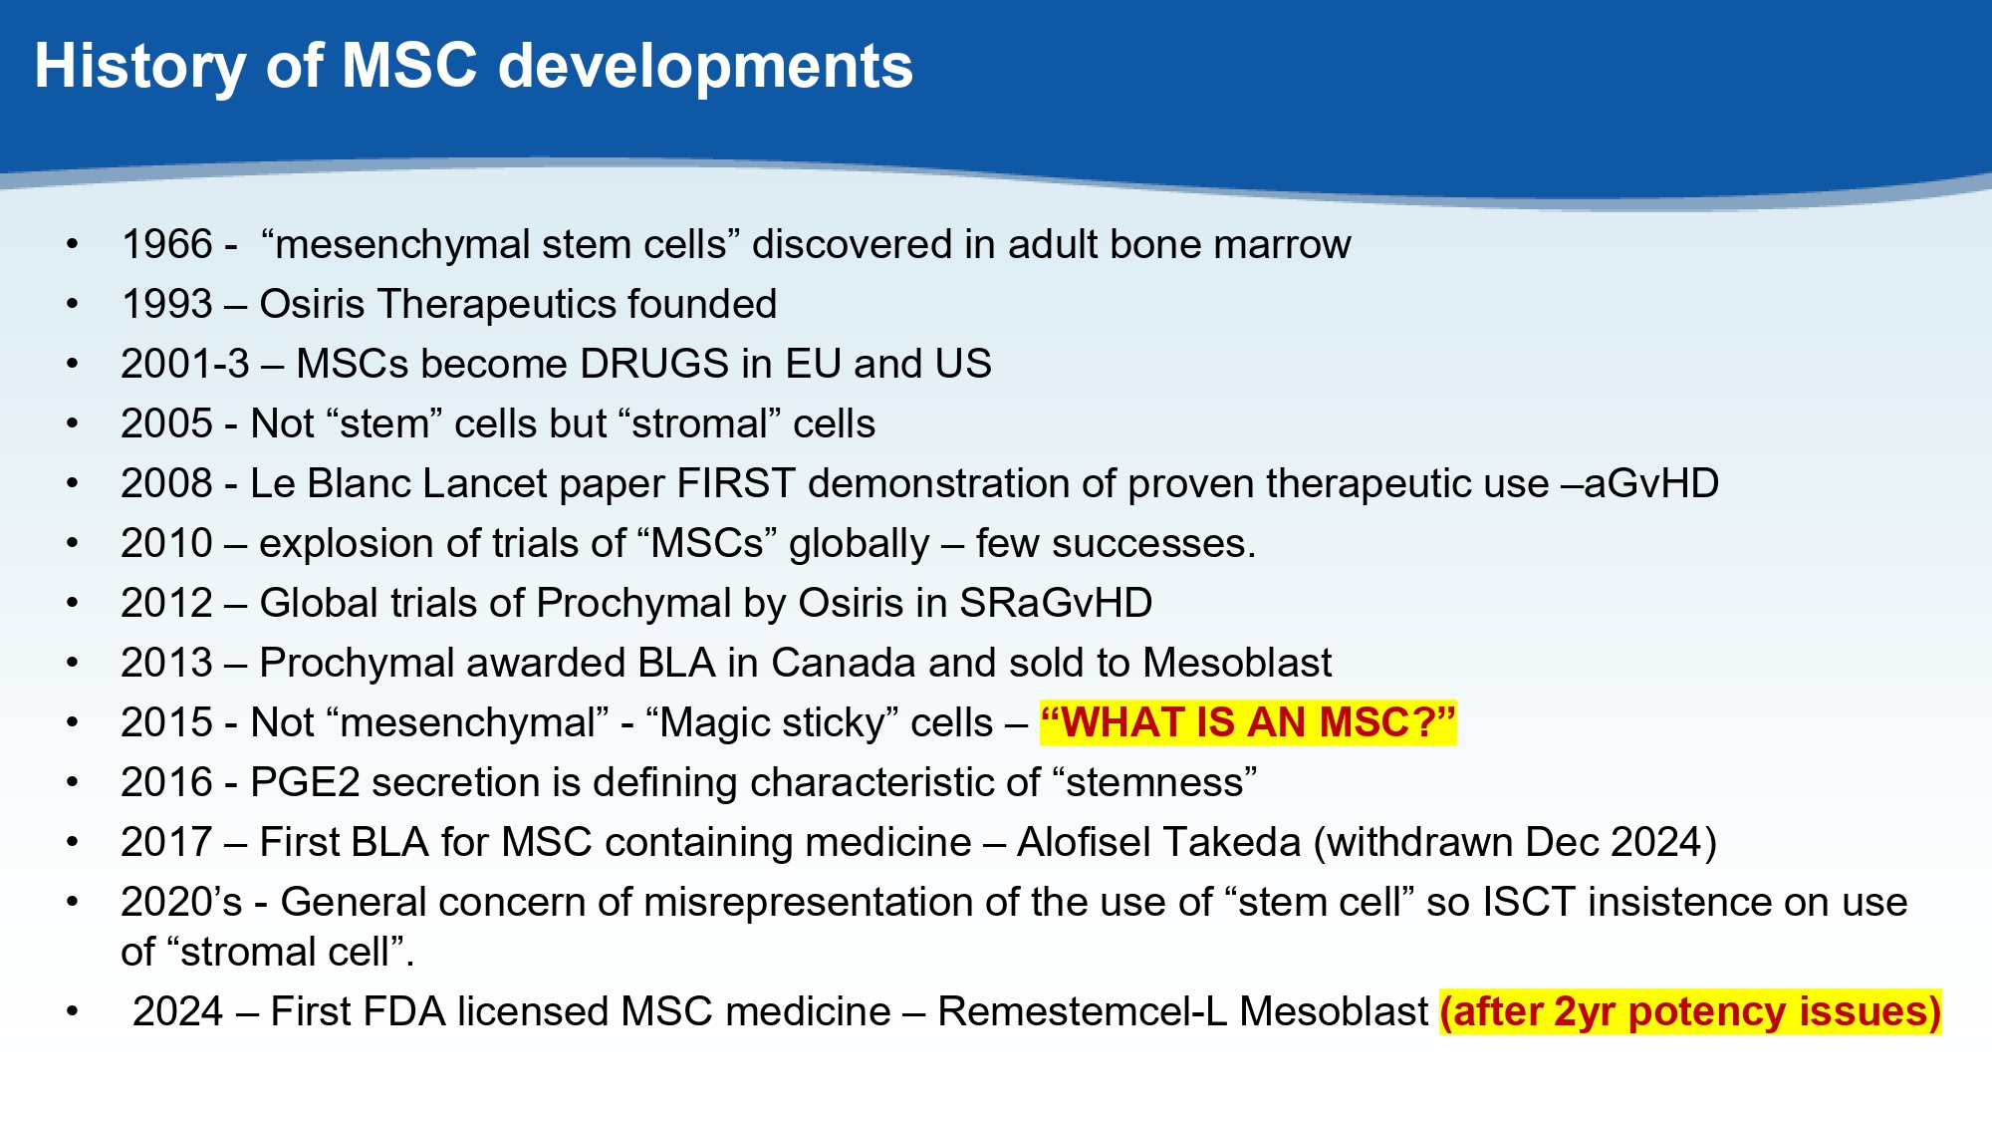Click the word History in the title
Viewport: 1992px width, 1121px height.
pyautogui.click(x=139, y=67)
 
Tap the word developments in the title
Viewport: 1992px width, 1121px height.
pyautogui.click(x=705, y=67)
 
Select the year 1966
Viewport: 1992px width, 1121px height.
pyautogui.click(x=167, y=244)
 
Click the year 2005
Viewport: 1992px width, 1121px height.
pyautogui.click(x=167, y=423)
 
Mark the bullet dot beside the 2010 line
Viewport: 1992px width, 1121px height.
pyautogui.click(x=72, y=544)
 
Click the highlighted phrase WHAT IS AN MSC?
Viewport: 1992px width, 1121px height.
pyautogui.click(x=1248, y=722)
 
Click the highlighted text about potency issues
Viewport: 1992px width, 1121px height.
pyautogui.click(x=1691, y=1012)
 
